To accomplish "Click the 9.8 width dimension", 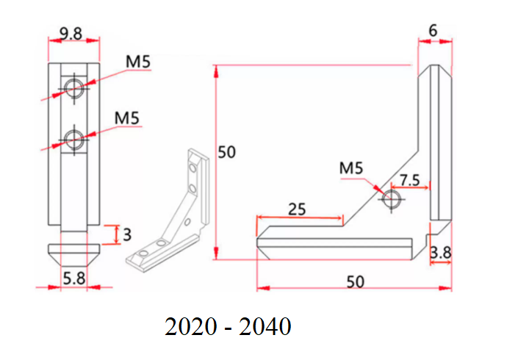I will coord(72,33).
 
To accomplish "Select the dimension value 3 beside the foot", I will coord(127,234).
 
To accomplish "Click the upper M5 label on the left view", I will coord(138,62).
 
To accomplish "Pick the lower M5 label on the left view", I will coord(128,117).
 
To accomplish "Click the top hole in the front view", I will coord(73,89).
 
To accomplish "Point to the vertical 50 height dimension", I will coord(227,152).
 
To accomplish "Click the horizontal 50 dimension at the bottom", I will coord(355,281).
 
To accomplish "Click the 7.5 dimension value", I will coord(409,180).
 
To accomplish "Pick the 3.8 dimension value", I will coord(440,253).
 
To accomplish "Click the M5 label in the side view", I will coord(351,168).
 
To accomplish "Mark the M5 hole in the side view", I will coord(392,198).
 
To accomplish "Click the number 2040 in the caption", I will coord(265,326).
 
